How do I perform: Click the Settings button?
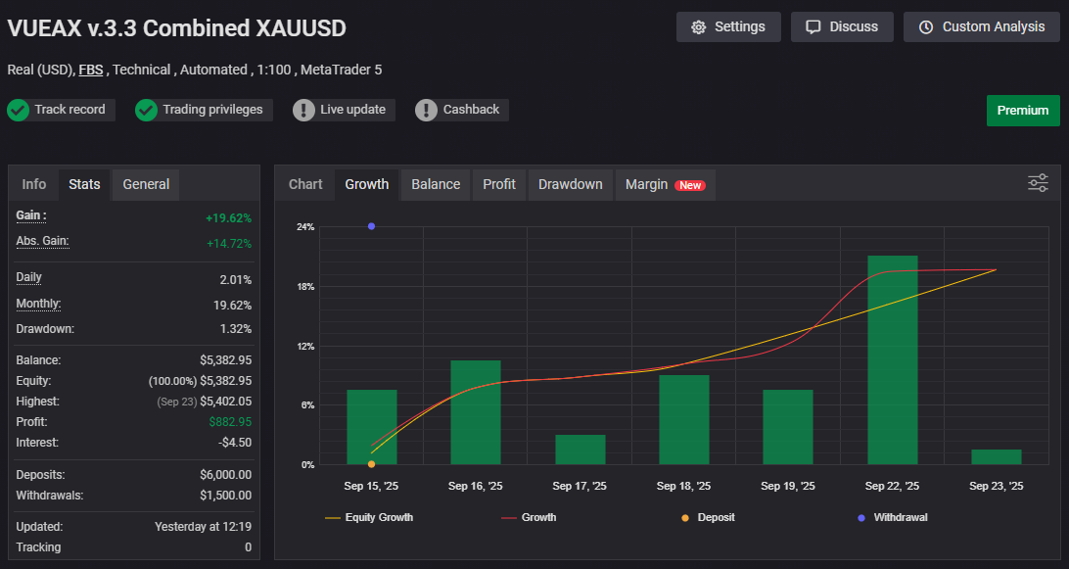(728, 26)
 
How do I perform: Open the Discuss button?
(842, 26)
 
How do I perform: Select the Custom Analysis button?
(982, 26)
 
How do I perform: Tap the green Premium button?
(1023, 110)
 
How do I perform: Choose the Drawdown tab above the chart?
(571, 184)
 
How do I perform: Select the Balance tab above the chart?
(436, 184)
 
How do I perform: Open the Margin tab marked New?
(665, 184)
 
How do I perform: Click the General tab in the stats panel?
(146, 184)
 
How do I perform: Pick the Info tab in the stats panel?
(34, 184)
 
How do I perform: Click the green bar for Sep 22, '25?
(893, 359)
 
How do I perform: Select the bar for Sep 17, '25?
(581, 450)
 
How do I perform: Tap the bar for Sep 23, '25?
(997, 456)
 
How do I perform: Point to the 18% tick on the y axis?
(305, 287)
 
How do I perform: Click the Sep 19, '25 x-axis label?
(788, 486)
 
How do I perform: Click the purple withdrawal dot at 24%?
(371, 226)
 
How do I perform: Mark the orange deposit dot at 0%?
(371, 464)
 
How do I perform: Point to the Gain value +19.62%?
(228, 217)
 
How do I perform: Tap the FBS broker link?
(92, 71)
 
